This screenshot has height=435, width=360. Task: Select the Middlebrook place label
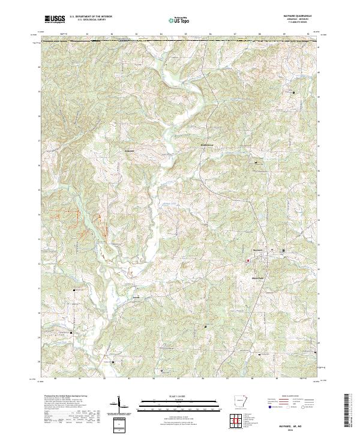click(207, 145)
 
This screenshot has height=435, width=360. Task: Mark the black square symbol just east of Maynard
click(284, 250)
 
